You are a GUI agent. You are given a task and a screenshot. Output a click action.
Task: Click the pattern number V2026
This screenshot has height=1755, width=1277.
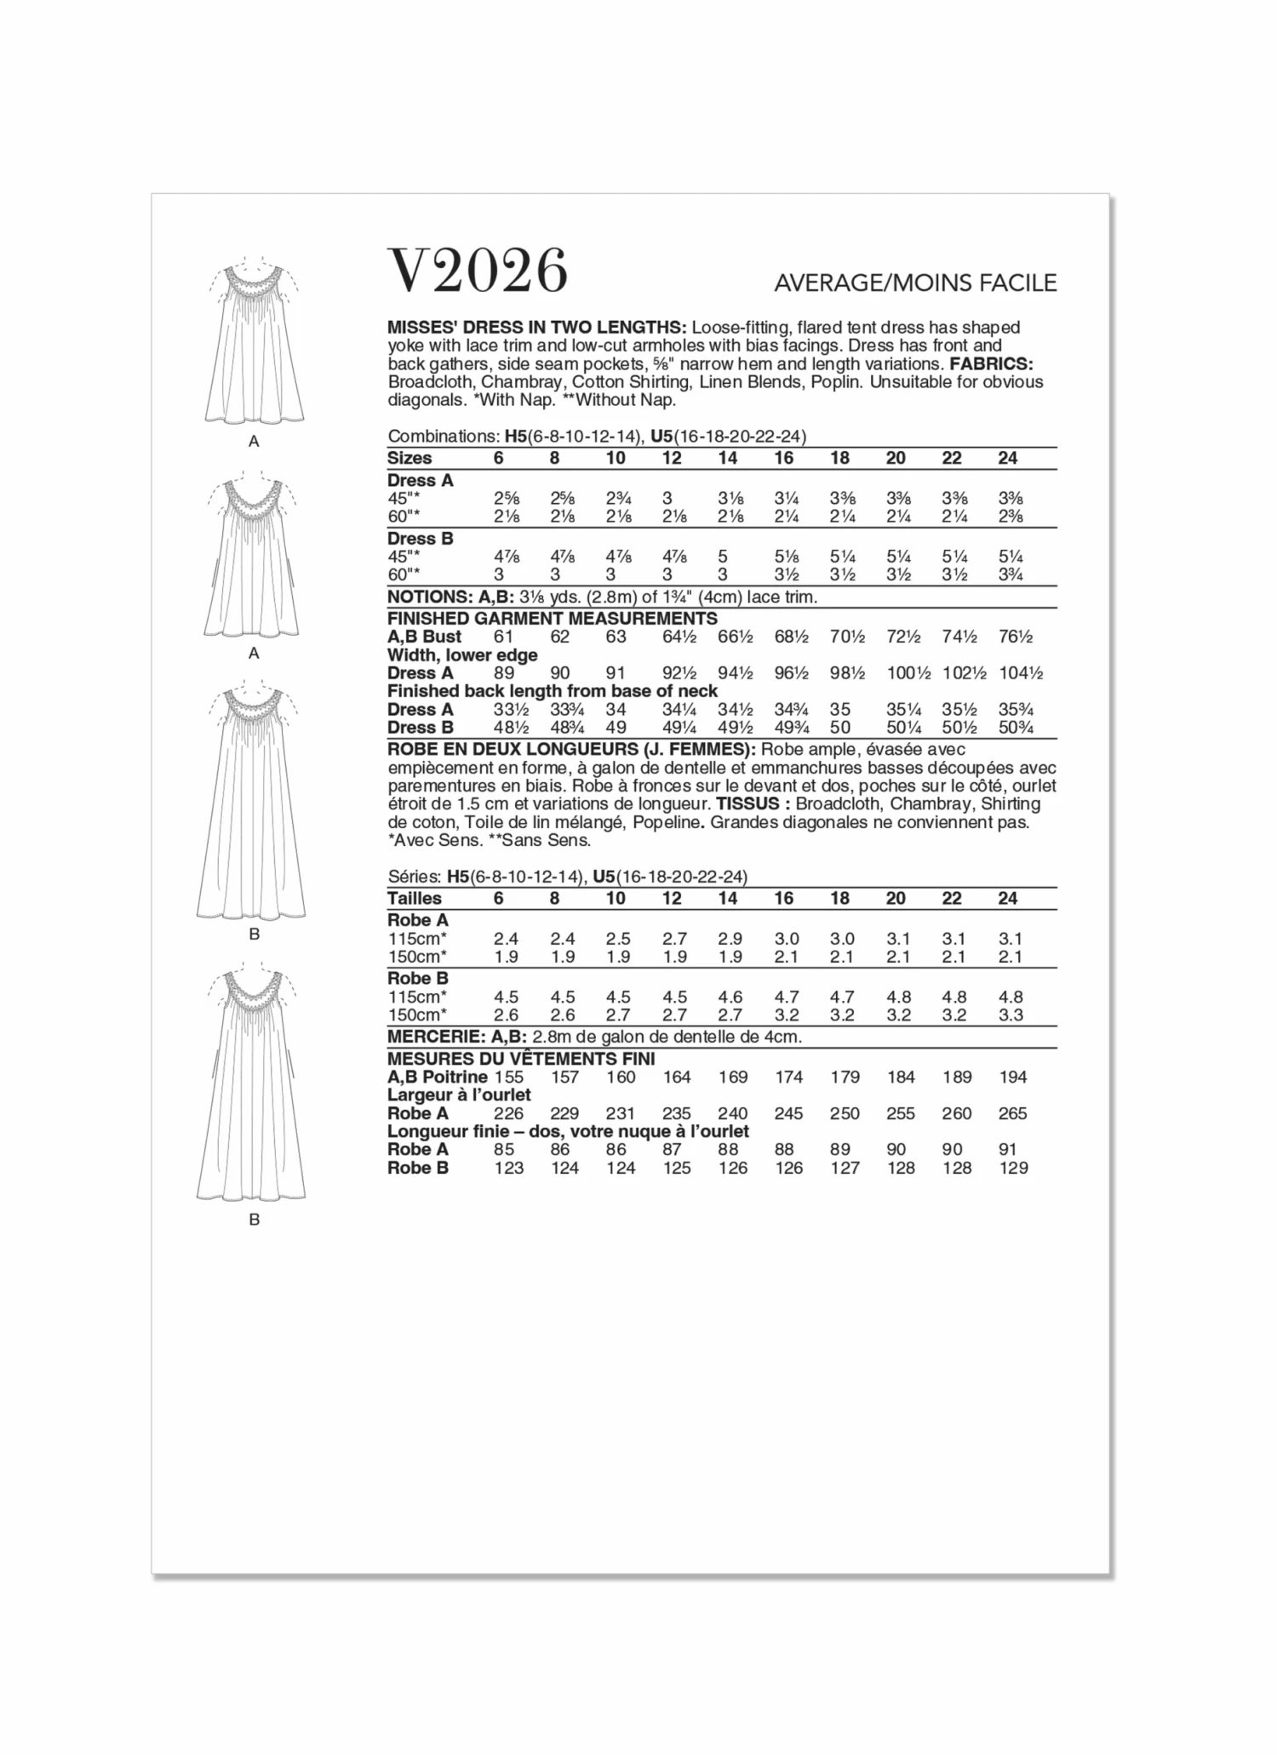478,271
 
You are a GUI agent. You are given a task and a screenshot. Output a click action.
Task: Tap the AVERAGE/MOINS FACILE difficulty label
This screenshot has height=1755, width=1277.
915,283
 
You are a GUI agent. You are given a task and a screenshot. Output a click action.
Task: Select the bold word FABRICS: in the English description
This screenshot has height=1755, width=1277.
991,363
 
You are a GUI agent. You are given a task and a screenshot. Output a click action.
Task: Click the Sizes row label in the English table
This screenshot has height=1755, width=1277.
409,458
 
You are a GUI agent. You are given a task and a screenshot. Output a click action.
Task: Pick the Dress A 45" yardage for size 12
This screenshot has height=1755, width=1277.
667,499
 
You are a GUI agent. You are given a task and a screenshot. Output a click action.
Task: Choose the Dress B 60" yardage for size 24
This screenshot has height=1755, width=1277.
1011,575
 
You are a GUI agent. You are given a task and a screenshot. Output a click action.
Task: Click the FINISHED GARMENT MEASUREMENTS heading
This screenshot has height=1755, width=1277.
552,618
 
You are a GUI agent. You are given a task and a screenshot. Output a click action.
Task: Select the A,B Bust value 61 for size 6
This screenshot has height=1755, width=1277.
505,637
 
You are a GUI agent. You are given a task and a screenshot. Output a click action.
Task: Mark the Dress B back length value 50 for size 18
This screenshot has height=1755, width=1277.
840,728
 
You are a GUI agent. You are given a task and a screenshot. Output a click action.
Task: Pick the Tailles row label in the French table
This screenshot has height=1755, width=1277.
415,898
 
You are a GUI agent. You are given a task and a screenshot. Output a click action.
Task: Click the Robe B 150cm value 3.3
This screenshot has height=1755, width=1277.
1011,1015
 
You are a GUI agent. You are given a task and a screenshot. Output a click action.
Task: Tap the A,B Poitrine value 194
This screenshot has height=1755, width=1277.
1013,1077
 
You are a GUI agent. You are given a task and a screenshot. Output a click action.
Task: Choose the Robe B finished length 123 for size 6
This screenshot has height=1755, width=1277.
508,1168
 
